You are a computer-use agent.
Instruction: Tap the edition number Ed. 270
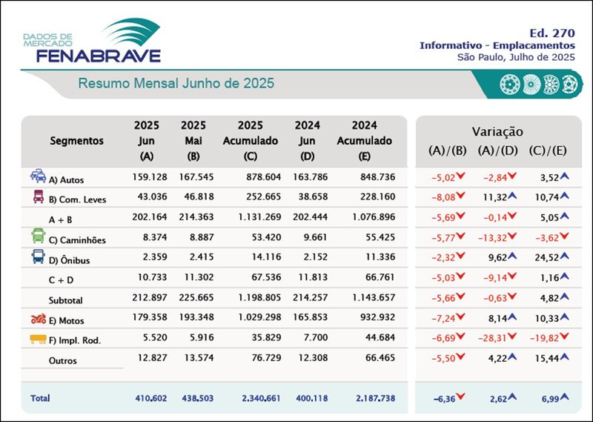point(552,33)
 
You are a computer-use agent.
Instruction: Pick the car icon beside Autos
point(38,177)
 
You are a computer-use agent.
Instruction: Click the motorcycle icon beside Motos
point(38,320)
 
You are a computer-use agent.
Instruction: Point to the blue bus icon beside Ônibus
point(38,257)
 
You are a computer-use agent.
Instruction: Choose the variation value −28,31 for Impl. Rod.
point(495,340)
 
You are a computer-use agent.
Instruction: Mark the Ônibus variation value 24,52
point(543,260)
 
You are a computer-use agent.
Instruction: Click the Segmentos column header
point(77,140)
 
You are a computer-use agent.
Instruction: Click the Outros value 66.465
point(376,360)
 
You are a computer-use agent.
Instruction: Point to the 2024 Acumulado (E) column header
point(364,140)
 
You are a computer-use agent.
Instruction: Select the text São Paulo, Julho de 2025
point(516,56)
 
